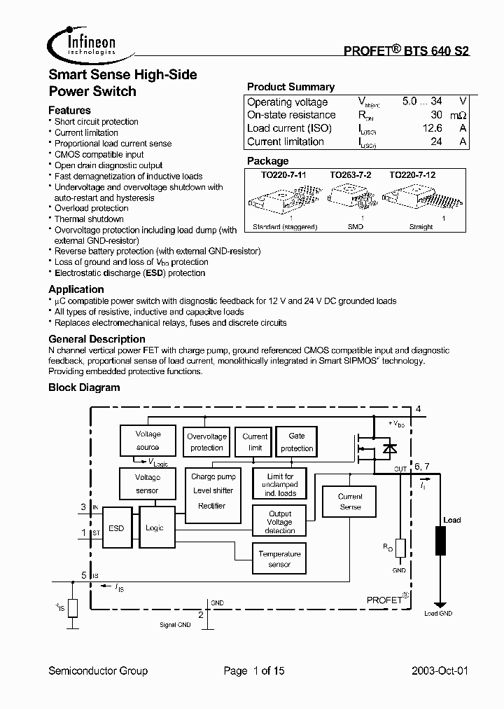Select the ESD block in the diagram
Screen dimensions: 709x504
116,528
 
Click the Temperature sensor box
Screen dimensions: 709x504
279,558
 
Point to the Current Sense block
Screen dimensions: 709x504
350,502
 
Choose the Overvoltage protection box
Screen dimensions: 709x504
206,442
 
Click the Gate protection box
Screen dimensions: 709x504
297,442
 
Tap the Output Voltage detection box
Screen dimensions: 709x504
280,522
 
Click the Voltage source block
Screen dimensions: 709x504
148,441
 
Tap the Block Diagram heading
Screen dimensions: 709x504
84,387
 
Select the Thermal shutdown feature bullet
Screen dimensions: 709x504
89,219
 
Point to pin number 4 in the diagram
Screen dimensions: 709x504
418,409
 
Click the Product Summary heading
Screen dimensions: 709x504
290,87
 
